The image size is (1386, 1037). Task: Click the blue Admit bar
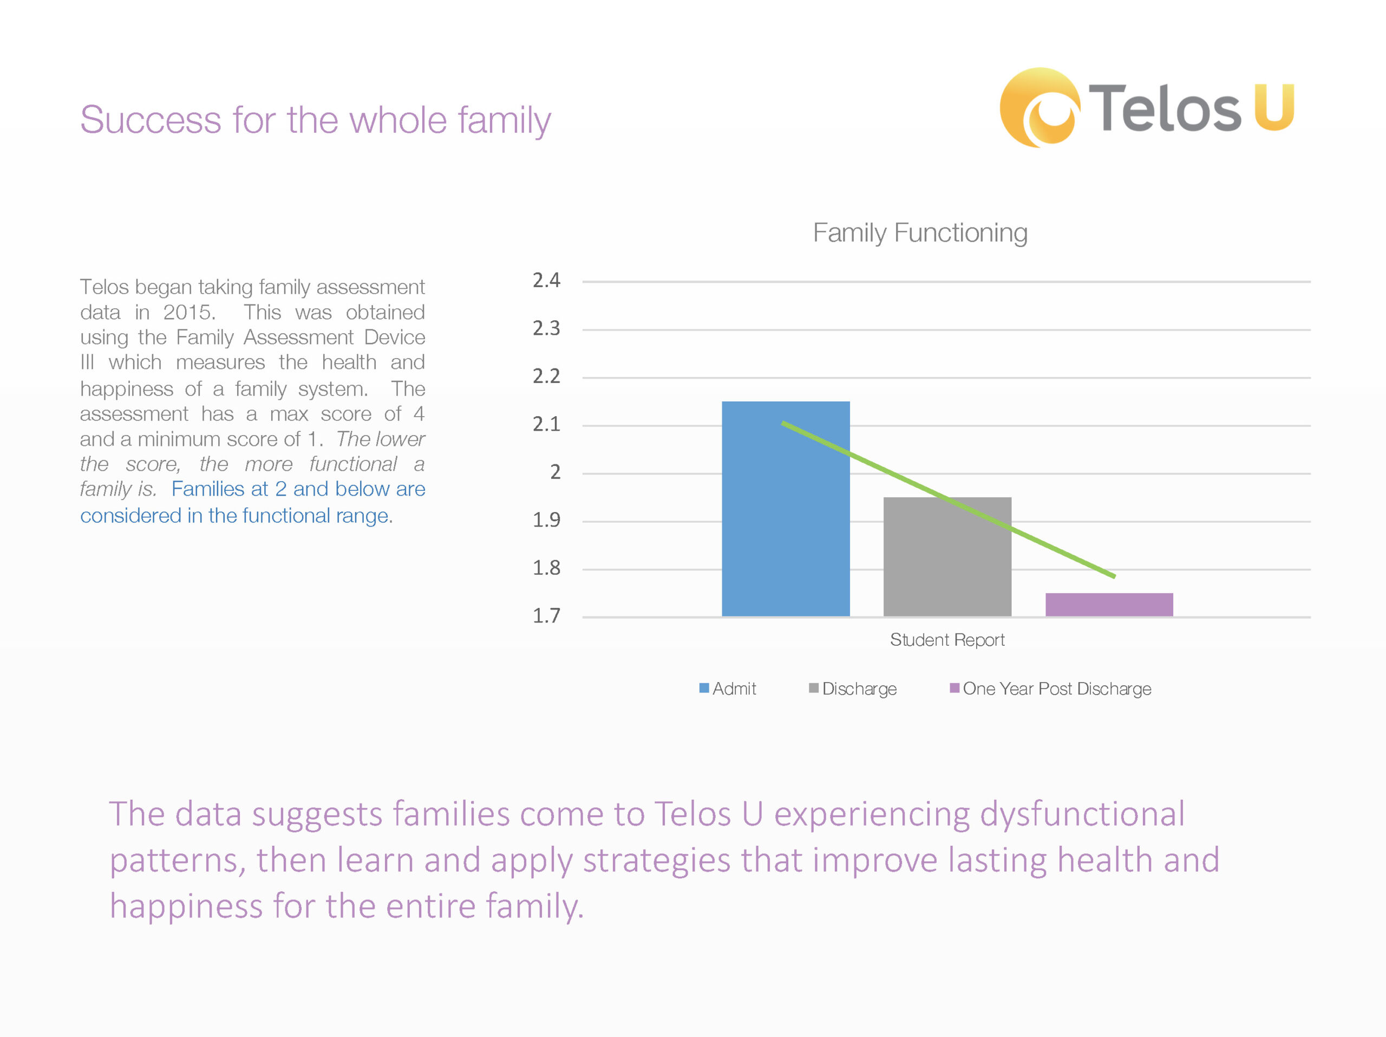786,508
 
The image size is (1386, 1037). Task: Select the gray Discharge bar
947,557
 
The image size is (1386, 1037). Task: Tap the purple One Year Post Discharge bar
1109,605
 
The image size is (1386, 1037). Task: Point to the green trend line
949,500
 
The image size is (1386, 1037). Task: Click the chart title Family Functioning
920,233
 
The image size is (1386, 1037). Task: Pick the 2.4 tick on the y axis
546,280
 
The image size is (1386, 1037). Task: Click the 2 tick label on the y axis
555,472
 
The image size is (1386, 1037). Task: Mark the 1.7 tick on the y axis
546,615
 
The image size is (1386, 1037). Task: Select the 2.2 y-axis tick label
546,376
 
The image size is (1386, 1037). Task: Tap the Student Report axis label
947,639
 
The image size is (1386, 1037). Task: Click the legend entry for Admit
728,689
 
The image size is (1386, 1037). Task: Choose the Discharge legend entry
853,689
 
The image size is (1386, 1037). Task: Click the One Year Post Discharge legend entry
1051,689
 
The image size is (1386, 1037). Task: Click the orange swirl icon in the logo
1039,108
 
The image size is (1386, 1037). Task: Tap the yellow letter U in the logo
1274,107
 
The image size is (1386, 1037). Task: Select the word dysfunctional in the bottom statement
1082,814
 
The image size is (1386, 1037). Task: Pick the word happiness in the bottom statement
186,906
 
